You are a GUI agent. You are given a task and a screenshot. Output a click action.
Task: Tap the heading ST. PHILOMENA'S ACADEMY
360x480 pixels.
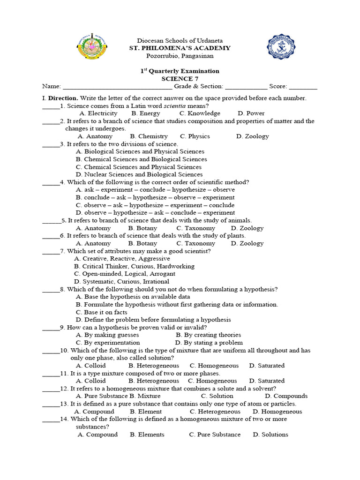(x=180, y=48)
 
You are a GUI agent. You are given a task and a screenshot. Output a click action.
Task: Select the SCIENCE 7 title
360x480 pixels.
(x=180, y=79)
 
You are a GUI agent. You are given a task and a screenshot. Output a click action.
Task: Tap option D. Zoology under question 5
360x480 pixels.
(x=247, y=228)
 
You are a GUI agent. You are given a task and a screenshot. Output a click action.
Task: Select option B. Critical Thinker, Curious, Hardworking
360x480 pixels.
(x=135, y=266)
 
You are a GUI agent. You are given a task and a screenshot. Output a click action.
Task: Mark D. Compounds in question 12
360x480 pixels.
(x=286, y=396)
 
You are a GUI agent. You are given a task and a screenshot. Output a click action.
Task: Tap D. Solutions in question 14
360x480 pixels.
(x=270, y=435)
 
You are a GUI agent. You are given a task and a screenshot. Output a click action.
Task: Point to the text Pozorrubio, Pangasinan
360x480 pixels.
(x=180, y=56)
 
